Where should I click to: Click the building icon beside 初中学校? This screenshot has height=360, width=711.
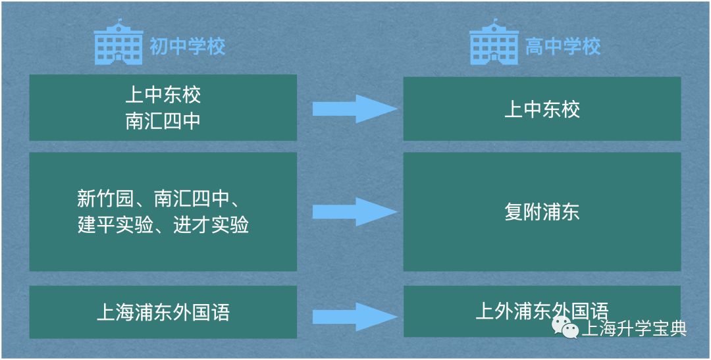tap(118, 45)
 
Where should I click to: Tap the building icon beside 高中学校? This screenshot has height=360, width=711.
tap(494, 45)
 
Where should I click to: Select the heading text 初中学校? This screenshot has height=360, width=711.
tap(187, 47)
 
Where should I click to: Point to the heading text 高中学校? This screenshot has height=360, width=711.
tap(563, 47)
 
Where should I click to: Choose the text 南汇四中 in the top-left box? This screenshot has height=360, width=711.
tap(163, 121)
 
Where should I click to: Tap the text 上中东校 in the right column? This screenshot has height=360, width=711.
tap(542, 109)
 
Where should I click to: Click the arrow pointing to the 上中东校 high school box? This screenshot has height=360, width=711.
tap(354, 108)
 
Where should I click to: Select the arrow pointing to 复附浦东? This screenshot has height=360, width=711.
tap(354, 212)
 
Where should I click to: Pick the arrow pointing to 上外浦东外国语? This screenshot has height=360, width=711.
tap(354, 315)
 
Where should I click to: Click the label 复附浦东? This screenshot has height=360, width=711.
tap(542, 212)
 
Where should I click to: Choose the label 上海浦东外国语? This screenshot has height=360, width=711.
tap(163, 312)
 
